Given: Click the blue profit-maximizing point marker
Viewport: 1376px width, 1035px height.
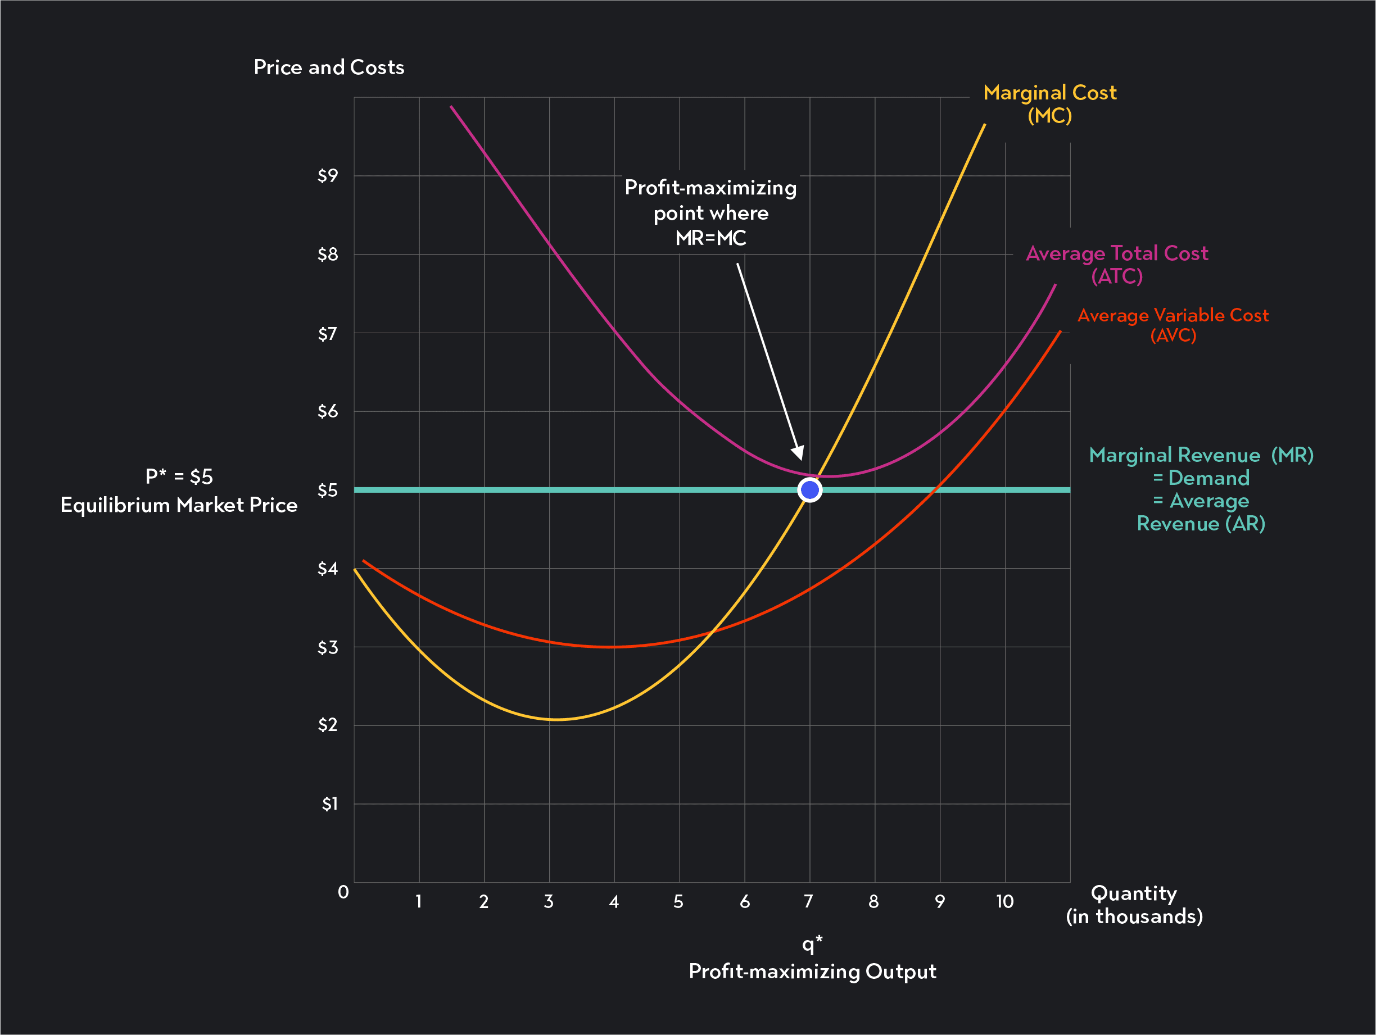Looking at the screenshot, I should pos(809,490).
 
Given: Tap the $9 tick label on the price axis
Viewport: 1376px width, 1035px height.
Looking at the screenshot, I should pos(328,175).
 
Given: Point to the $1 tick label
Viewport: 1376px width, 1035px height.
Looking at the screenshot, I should pos(330,804).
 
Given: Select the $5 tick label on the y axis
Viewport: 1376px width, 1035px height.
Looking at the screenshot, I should pos(328,490).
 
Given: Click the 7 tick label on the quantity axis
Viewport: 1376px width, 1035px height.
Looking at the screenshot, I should pos(808,901).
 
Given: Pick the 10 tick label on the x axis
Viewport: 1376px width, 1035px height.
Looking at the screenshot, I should pos(1004,901).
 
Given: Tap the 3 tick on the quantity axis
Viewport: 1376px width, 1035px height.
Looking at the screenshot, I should pos(549,901).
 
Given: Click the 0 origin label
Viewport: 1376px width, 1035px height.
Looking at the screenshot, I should pos(343,892).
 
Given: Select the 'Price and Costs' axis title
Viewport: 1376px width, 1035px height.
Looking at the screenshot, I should pos(329,67).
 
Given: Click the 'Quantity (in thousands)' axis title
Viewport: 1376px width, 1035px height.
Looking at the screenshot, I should pos(1134,905).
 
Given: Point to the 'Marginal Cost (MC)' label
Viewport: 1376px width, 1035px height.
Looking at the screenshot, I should pos(1049,104).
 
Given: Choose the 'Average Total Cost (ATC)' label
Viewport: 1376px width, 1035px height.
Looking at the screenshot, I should pos(1117,264).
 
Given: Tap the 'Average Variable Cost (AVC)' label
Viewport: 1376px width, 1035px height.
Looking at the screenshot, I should pos(1173,325).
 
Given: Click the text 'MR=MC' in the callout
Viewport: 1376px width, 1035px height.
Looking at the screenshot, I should pos(710,238).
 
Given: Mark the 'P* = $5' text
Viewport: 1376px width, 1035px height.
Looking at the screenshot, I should pos(179,476).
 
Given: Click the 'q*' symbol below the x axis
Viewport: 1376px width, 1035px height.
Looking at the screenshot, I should pos(812,943).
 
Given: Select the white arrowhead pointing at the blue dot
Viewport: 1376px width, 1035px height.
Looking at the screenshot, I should pos(798,453).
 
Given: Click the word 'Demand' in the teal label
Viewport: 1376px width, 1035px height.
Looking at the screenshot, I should pos(1208,478).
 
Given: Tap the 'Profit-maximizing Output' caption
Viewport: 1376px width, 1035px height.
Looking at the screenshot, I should pos(812,971).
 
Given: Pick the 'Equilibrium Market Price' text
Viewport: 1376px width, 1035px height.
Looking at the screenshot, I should pos(179,505).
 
